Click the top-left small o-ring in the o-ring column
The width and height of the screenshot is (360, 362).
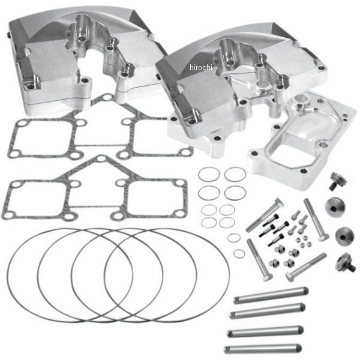click(208, 176)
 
